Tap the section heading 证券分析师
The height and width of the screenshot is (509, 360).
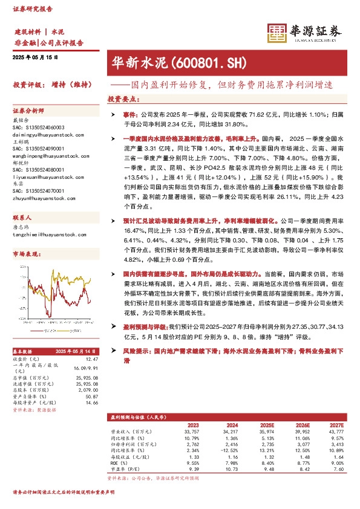click(x=28, y=111)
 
